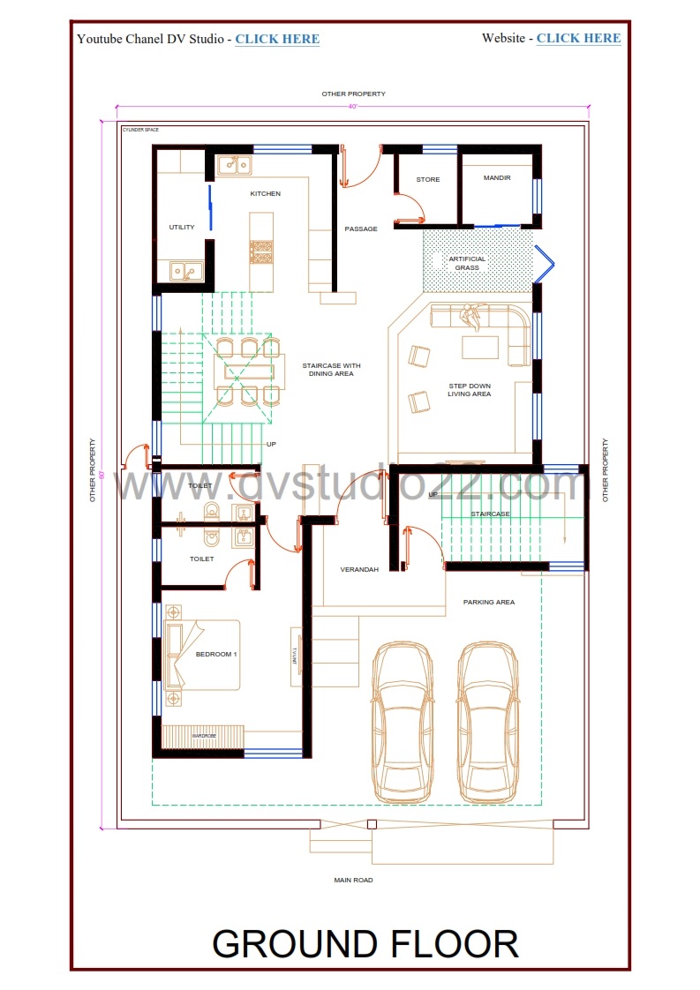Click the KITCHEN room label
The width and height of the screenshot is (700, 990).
pos(265,193)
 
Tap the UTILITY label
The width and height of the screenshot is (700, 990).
pos(182,228)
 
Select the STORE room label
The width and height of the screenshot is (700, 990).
pos(428,180)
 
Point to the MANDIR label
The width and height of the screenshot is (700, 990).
pos(498,178)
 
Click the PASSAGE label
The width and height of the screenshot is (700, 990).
pos(361,229)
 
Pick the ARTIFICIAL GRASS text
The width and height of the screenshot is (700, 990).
pos(467,263)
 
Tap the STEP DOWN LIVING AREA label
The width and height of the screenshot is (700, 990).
pos(469,390)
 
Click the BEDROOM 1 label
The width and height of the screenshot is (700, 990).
pos(216,654)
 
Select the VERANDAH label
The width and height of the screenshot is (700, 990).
pos(359,570)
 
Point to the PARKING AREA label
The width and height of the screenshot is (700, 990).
pos(489,603)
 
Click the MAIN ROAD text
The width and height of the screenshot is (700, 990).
pos(353,880)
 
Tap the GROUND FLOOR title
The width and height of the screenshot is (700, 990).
pos(365,943)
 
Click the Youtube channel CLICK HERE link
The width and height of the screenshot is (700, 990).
pos(277,39)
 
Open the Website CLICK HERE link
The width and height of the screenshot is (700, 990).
pos(578,38)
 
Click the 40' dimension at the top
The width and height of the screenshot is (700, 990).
pos(352,107)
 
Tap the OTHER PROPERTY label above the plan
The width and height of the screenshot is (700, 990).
pos(353,94)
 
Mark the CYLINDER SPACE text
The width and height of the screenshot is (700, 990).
pos(140,129)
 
